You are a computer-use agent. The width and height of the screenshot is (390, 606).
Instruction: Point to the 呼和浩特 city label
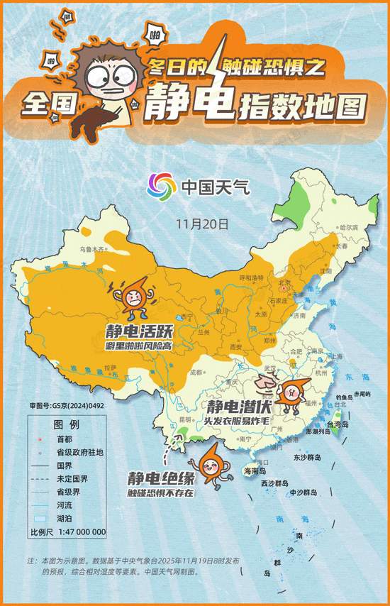[x=251, y=277]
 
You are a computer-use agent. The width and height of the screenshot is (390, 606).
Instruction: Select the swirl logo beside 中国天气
[x=162, y=187]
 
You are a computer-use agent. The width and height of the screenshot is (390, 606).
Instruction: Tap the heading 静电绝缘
[x=158, y=478]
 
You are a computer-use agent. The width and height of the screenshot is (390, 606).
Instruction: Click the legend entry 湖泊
[x=67, y=519]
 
